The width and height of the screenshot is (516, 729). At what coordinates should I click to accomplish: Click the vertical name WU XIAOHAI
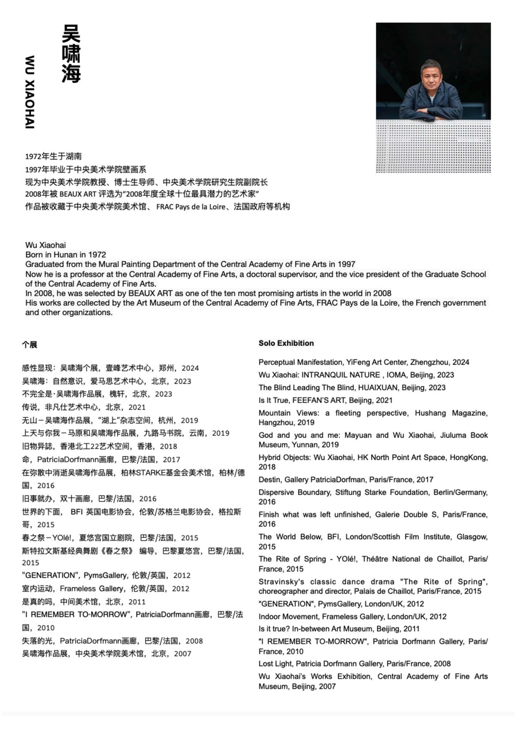(30, 92)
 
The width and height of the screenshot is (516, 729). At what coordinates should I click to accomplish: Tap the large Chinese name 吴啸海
(71, 53)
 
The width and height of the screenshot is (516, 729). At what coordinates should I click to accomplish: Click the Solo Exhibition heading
(286, 343)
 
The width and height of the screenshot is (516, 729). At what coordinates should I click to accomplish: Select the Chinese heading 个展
(29, 345)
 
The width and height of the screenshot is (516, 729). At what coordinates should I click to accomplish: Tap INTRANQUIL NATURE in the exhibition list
(341, 375)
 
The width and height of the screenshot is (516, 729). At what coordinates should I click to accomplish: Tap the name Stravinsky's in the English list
(281, 581)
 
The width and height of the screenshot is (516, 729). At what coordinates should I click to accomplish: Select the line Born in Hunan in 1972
(65, 255)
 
